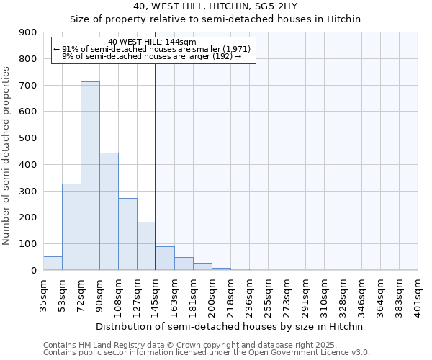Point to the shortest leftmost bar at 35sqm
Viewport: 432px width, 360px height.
pyautogui.click(x=53, y=264)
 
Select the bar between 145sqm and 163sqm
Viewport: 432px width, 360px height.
pyautogui.click(x=165, y=258)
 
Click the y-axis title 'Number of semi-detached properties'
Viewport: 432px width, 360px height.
pyautogui.click(x=6, y=156)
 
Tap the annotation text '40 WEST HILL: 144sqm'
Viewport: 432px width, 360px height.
pyautogui.click(x=152, y=42)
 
